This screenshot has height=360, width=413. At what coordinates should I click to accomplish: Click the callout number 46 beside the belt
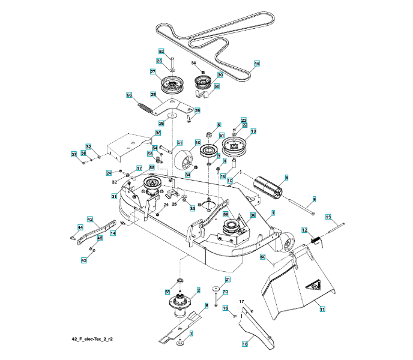pyautogui.click(x=257, y=63)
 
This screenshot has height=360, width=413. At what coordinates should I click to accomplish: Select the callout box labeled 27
pyautogui.click(x=153, y=71)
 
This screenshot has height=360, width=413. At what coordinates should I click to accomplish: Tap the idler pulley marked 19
pyautogui.click(x=235, y=146)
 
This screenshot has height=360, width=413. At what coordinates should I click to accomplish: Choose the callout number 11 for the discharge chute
pyautogui.click(x=322, y=309)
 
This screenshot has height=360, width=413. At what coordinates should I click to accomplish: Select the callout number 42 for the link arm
pyautogui.click(x=89, y=219)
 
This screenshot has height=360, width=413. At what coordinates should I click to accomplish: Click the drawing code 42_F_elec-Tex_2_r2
pyautogui.click(x=92, y=339)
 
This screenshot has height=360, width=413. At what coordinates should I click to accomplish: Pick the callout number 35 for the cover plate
pyautogui.click(x=158, y=133)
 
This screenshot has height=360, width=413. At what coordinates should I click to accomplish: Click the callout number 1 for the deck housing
pyautogui.click(x=273, y=212)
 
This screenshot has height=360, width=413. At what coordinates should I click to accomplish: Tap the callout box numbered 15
pyautogui.click(x=245, y=344)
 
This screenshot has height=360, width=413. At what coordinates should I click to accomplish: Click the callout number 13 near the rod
pyautogui.click(x=328, y=217)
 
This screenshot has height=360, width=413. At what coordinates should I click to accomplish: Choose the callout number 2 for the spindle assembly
pyautogui.click(x=198, y=290)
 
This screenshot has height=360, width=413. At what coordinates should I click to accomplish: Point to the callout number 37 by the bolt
pyautogui.click(x=74, y=155)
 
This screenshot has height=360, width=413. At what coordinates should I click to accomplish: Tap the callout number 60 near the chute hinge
pyautogui.click(x=262, y=257)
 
